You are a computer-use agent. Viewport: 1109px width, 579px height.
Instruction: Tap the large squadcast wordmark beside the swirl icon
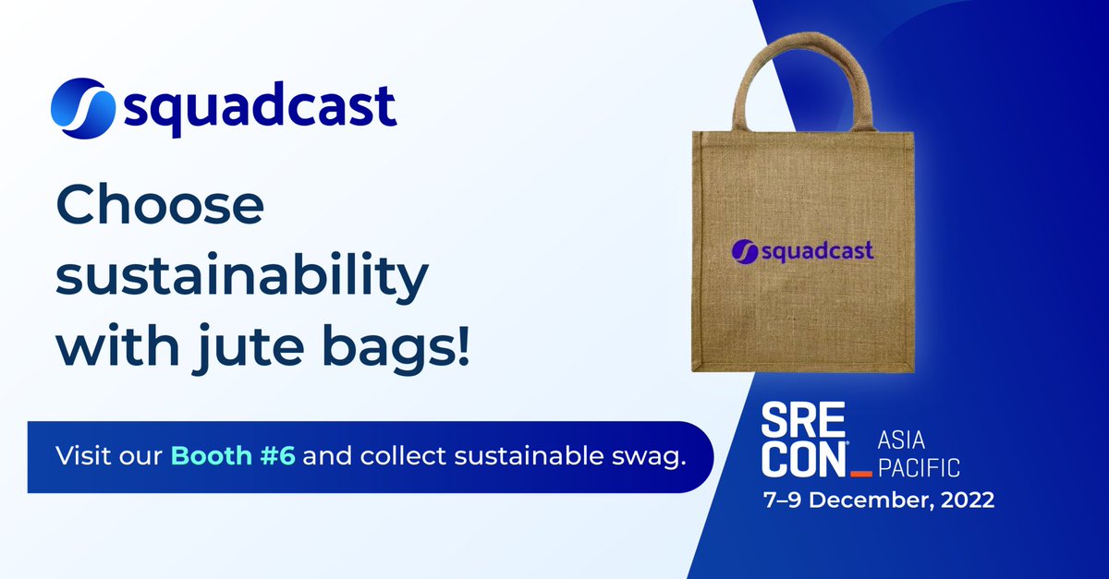[x=260, y=111]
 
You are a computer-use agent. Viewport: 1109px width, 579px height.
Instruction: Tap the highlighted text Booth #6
[x=233, y=456]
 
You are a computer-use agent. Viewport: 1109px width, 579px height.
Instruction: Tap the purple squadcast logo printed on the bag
[x=802, y=250]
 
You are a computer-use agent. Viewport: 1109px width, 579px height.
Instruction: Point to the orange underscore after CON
[x=861, y=474]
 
